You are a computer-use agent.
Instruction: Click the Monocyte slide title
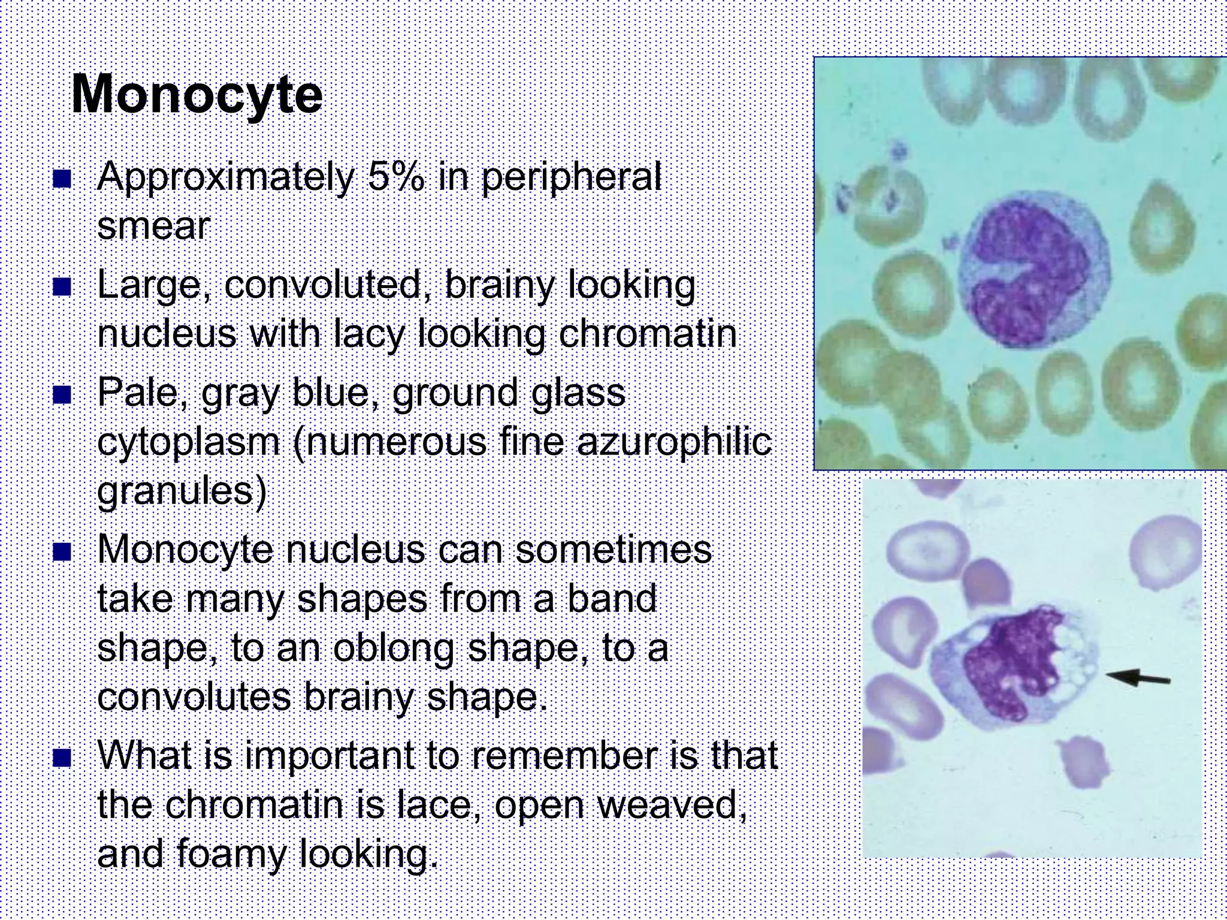pyautogui.click(x=197, y=95)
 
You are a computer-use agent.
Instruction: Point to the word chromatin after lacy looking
pyautogui.click(x=647, y=334)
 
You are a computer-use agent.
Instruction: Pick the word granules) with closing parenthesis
pyautogui.click(x=182, y=492)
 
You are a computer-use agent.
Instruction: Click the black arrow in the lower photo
pyautogui.click(x=1137, y=677)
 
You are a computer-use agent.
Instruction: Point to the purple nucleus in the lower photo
pyautogui.click(x=1007, y=665)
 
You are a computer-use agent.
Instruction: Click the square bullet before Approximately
pyautogui.click(x=62, y=178)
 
